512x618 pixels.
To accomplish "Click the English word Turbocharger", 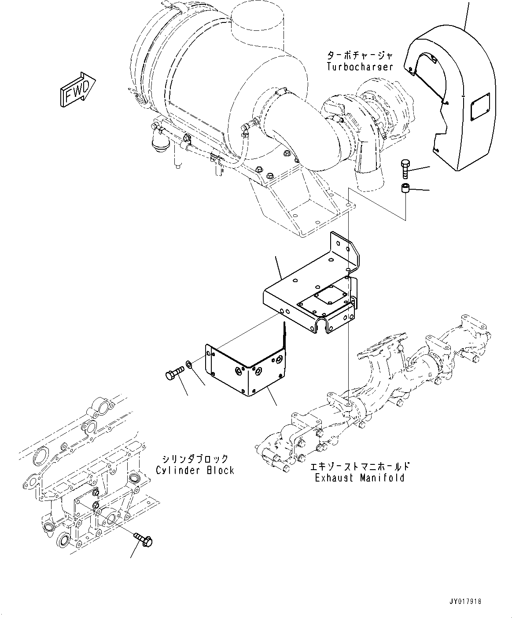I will (360, 67).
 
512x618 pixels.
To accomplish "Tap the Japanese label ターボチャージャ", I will (360, 55).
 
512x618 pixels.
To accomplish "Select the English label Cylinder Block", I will (195, 470).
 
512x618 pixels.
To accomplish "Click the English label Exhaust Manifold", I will (360, 478).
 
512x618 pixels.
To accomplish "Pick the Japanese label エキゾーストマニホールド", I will (360, 467).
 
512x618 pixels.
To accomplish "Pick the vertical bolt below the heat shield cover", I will (405, 170).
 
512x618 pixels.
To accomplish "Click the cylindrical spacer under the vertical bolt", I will (405, 189).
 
